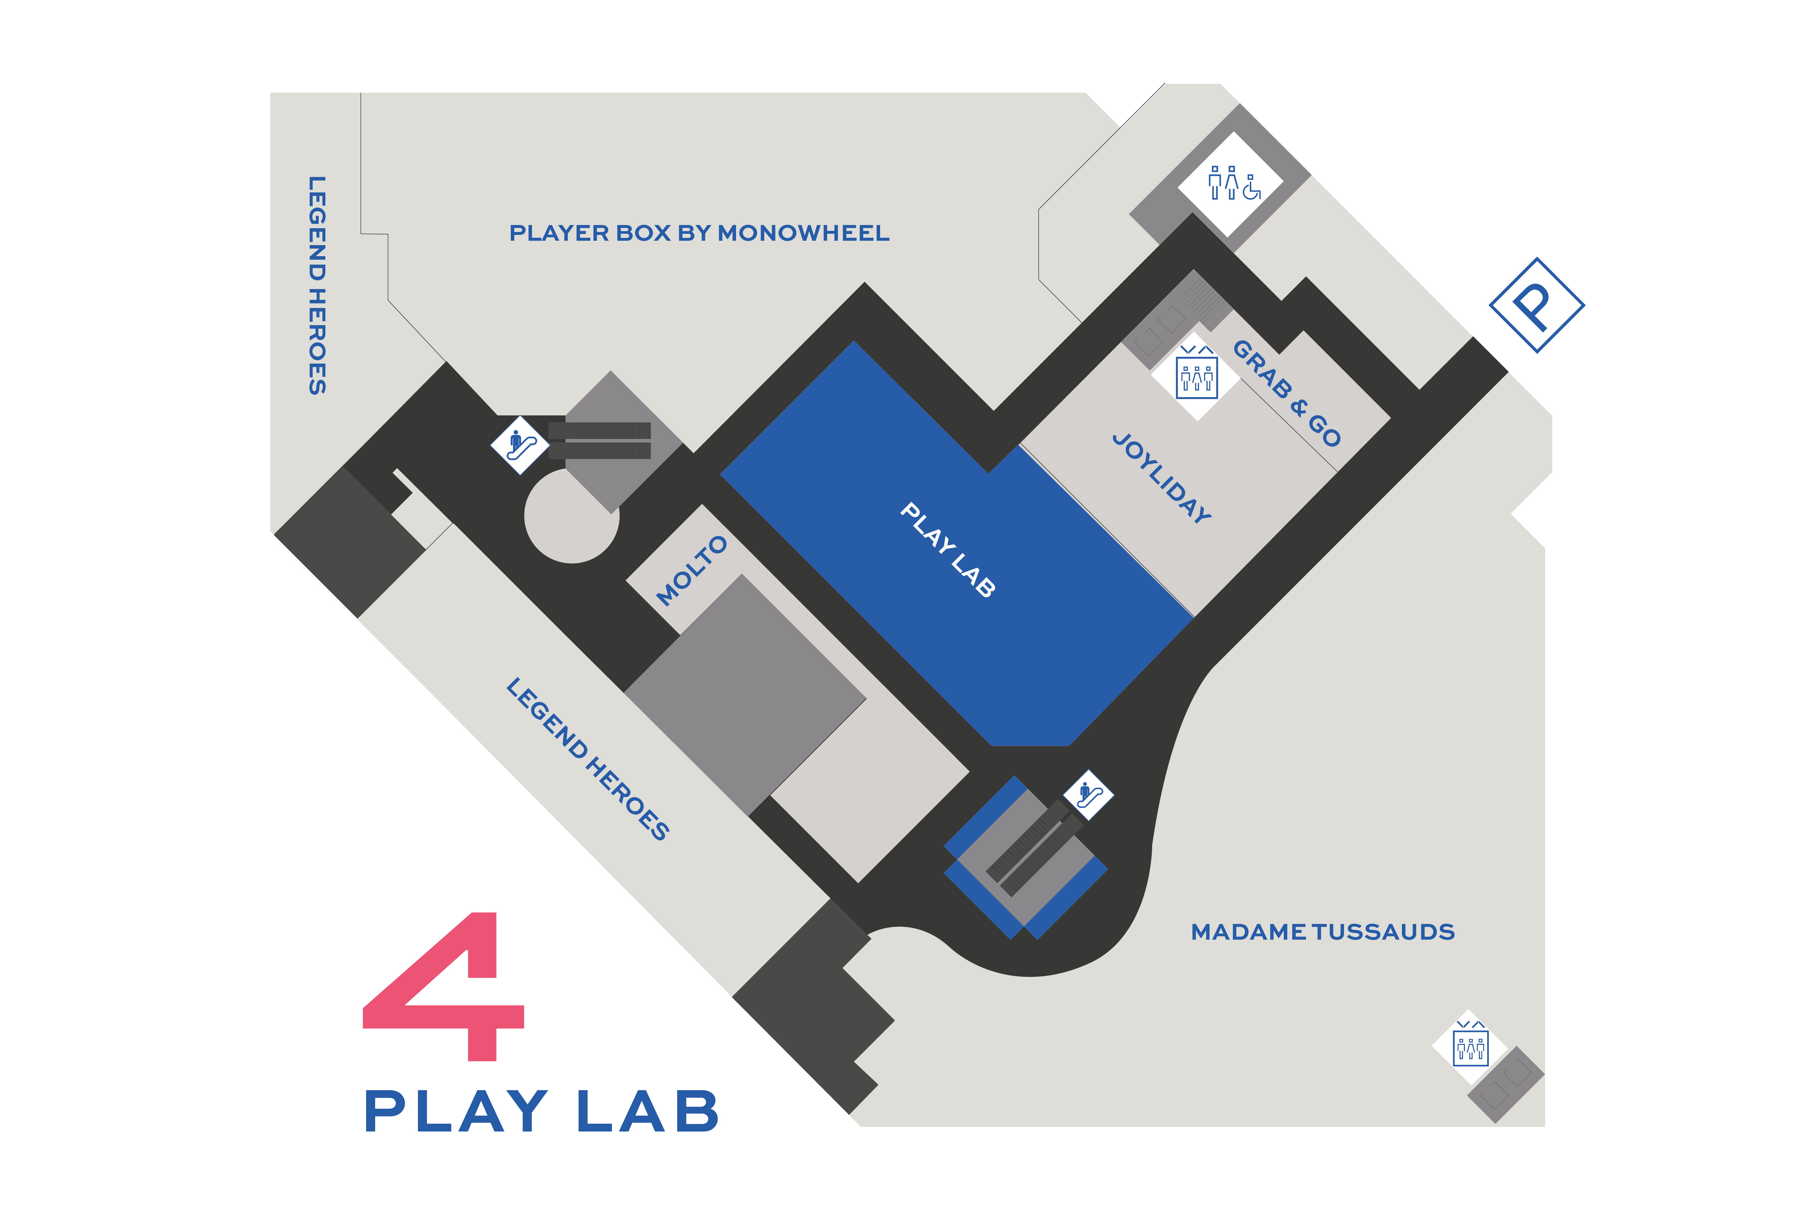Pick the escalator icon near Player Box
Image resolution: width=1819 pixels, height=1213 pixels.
pos(520,445)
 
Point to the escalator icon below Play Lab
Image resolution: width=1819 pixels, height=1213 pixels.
pos(1088,794)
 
